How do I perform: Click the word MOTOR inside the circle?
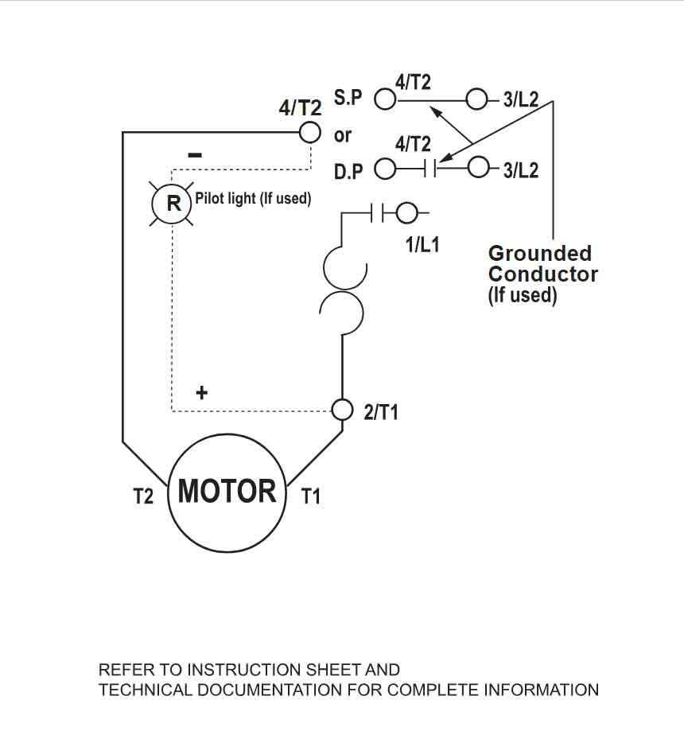(x=227, y=491)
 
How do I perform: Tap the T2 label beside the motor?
(x=143, y=497)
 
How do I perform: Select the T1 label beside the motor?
(x=310, y=497)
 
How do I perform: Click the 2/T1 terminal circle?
(x=342, y=410)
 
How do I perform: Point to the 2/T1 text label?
(x=381, y=412)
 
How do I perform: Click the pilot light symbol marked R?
(x=173, y=203)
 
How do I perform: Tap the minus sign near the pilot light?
(x=195, y=155)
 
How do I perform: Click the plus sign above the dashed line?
(x=202, y=392)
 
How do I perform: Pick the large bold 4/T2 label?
(x=300, y=108)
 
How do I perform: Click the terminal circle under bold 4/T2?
(x=309, y=131)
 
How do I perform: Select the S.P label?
(x=348, y=98)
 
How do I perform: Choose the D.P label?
(x=348, y=171)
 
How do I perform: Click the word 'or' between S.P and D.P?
(x=342, y=135)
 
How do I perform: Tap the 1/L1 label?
(x=422, y=244)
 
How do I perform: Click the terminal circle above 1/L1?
(x=406, y=212)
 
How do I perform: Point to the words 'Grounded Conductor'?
(x=542, y=264)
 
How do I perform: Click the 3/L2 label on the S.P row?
(x=521, y=100)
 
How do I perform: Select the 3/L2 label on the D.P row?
(x=521, y=169)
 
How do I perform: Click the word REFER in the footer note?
(x=124, y=670)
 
